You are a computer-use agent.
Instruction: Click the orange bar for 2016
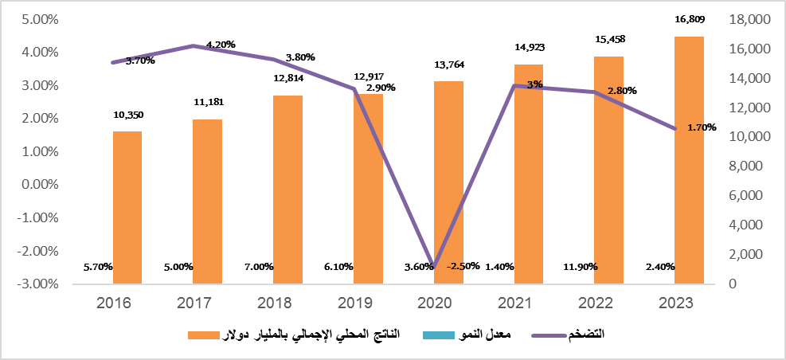127,207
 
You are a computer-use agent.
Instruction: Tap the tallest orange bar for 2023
690,159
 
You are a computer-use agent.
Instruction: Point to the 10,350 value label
128,115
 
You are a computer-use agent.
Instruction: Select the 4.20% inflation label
221,45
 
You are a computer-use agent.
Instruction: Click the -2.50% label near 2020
463,266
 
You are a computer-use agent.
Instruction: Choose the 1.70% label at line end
701,127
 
